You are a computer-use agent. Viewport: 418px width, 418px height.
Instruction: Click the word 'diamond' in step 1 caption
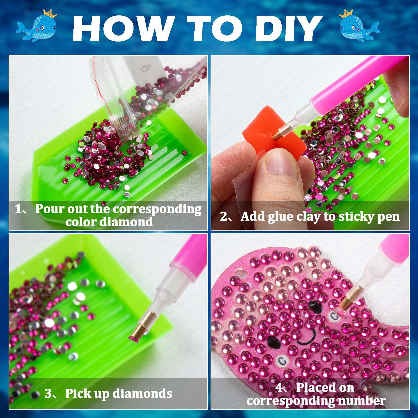[127, 222]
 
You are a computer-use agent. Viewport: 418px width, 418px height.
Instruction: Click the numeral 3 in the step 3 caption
[49, 393]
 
